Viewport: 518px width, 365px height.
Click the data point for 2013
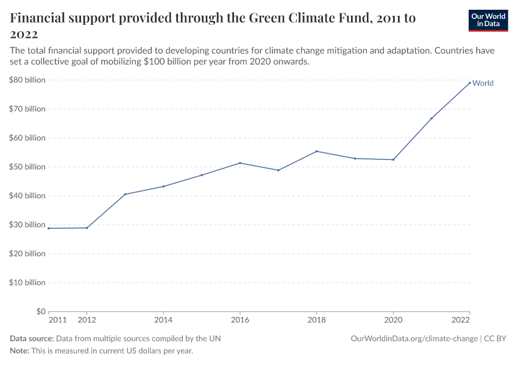pos(125,194)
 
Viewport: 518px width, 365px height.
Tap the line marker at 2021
pos(431,118)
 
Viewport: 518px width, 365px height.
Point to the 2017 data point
pos(279,170)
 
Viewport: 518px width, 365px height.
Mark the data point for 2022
pos(470,83)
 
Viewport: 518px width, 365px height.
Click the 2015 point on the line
pos(202,175)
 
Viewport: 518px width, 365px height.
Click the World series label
pos(483,83)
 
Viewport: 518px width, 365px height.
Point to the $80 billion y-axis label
pos(27,80)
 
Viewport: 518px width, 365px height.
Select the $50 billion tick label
pos(27,167)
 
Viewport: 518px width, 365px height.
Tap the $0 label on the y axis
pos(38,311)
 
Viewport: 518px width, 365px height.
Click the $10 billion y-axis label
pos(27,282)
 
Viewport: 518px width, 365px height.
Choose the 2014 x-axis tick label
pos(163,320)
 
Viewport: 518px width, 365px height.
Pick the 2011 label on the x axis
pos(57,320)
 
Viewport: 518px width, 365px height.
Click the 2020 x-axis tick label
pos(393,320)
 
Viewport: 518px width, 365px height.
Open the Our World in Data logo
pos(488,20)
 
